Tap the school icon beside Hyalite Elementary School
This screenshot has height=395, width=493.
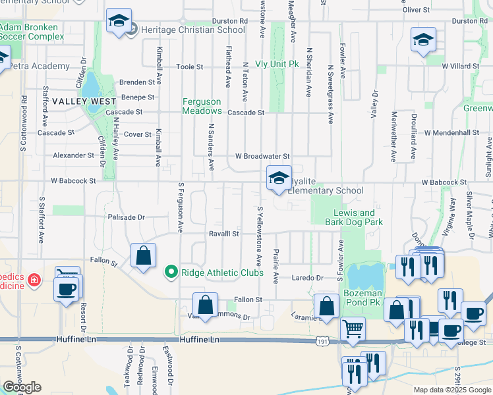pyautogui.click(x=279, y=178)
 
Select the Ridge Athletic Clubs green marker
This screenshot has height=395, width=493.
pyautogui.click(x=171, y=271)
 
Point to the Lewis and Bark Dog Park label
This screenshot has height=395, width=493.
pyautogui.click(x=354, y=217)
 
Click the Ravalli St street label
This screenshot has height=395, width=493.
pyautogui.click(x=223, y=234)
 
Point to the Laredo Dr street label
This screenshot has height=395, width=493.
pyautogui.click(x=307, y=278)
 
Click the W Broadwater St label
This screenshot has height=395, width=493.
pyautogui.click(x=263, y=157)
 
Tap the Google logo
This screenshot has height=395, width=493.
pyautogui.click(x=22, y=387)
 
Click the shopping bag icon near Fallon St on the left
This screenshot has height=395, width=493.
pyautogui.click(x=143, y=256)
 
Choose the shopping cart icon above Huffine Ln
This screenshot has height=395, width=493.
pyautogui.click(x=353, y=327)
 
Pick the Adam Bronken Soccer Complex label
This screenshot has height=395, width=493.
pyautogui.click(x=29, y=32)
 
